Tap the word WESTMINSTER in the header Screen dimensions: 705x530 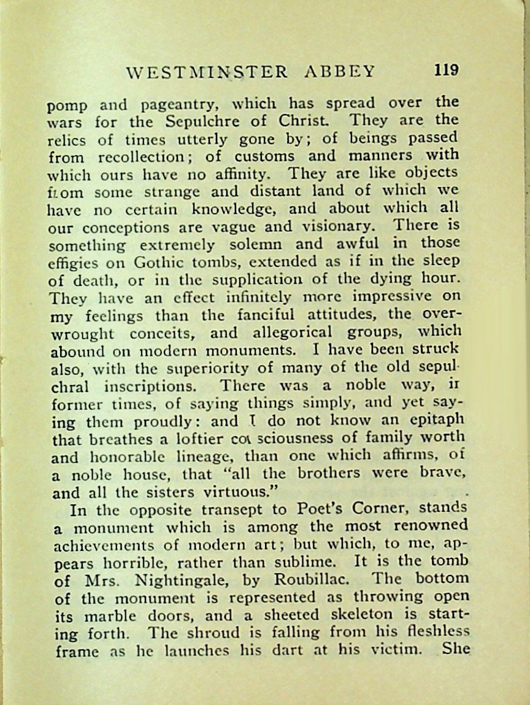click(x=207, y=72)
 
